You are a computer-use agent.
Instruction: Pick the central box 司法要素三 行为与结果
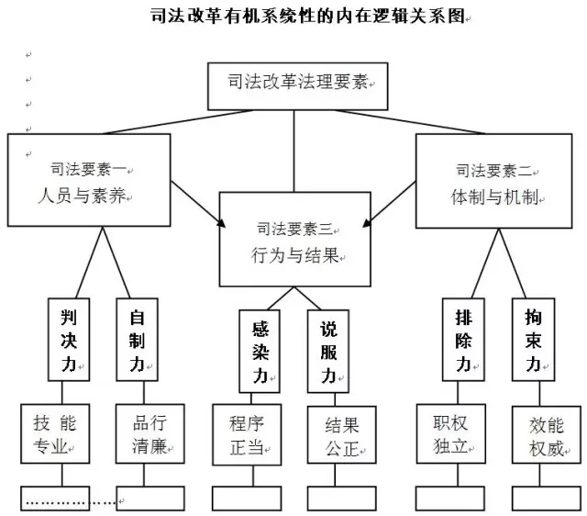coord(294,237)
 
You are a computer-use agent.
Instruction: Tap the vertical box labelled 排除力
coord(462,339)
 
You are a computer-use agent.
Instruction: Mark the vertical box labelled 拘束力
coord(531,339)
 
